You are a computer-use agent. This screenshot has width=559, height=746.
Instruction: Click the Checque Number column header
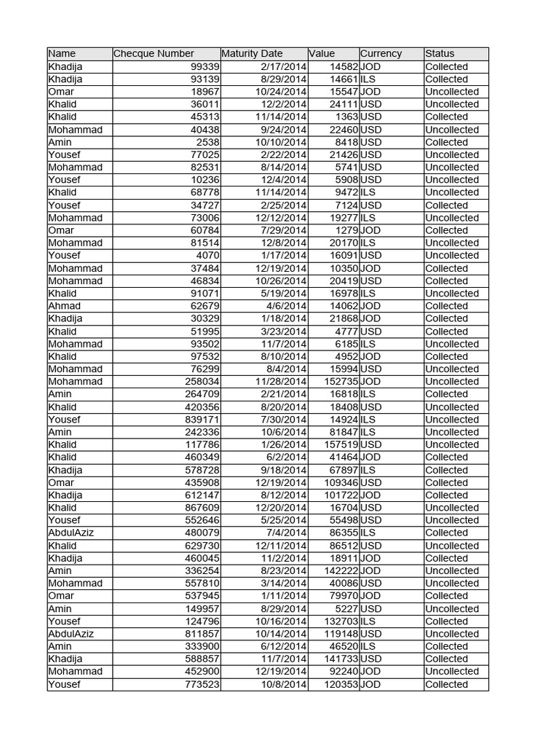click(154, 53)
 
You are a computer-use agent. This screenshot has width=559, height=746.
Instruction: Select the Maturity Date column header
click(252, 53)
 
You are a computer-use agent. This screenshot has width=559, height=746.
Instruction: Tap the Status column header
click(440, 53)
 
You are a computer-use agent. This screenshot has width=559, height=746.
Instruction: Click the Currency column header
click(381, 53)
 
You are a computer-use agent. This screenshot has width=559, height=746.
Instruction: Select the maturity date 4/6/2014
click(287, 306)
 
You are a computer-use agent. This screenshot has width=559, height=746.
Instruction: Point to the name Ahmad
click(65, 306)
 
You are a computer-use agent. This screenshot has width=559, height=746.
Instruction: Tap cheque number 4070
click(208, 256)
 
